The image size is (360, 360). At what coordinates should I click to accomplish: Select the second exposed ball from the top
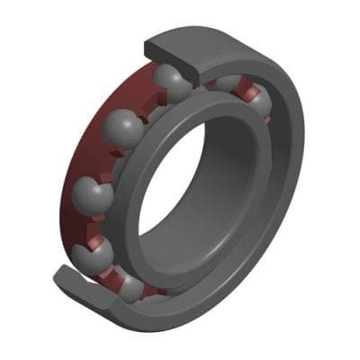pos(123,128)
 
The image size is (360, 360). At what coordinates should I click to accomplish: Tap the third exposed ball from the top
pos(93,193)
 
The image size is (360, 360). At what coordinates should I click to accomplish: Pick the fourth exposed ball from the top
pos(99,253)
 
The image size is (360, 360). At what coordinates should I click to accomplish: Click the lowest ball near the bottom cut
pos(131,287)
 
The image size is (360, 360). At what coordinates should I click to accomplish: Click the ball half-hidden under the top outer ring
pos(225,83)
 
